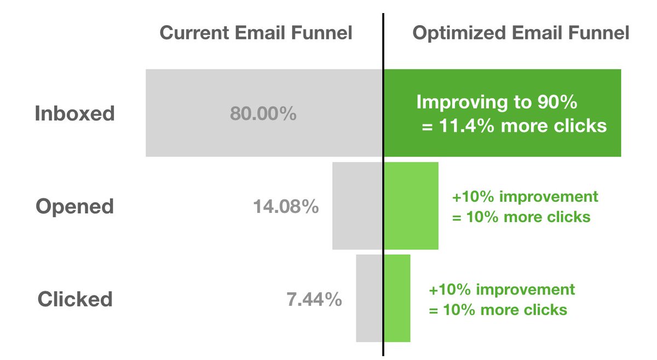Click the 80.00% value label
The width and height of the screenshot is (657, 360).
point(263,114)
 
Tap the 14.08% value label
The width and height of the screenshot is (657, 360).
point(286,207)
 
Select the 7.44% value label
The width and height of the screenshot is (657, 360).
point(314,300)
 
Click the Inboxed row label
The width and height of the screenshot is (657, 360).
point(75,114)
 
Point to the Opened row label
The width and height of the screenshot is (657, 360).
point(75,207)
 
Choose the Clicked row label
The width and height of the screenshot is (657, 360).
point(75,299)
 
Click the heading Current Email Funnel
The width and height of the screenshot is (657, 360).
point(256,33)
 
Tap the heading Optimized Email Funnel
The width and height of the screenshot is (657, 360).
point(521,33)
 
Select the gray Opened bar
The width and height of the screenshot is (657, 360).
point(357,206)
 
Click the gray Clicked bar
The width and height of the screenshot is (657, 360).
point(369,298)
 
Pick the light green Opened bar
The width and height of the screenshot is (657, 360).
point(411,206)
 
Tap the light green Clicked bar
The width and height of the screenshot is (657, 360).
point(397,298)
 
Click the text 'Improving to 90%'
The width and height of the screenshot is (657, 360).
point(497,102)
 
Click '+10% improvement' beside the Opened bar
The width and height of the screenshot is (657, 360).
point(525,196)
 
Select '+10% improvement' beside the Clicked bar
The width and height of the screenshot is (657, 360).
point(502,289)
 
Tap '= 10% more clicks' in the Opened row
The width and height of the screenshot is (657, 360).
point(521,217)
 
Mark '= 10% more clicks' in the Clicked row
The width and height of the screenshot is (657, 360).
point(498,310)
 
